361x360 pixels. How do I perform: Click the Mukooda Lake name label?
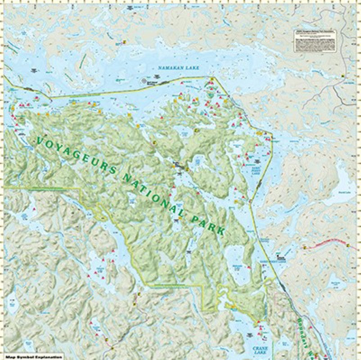click(237, 267)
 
